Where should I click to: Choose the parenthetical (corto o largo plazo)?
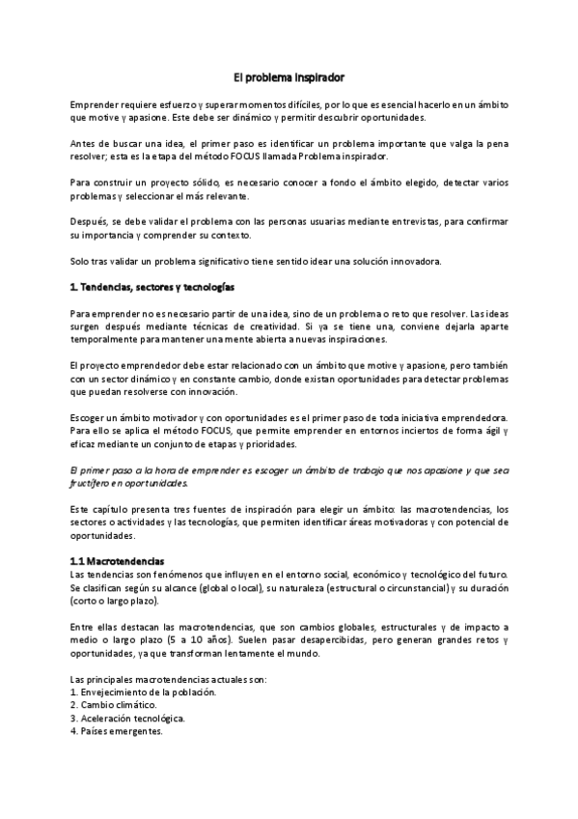coord(115,601)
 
